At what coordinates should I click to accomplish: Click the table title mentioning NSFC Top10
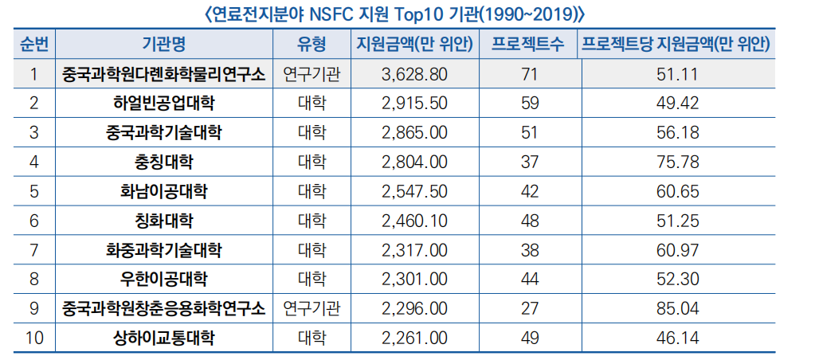406,14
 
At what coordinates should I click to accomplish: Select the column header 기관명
163,45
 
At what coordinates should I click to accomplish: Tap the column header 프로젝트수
529,45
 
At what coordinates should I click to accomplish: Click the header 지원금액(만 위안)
414,45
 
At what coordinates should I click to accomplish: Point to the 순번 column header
33,45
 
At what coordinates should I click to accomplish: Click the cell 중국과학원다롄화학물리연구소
163,75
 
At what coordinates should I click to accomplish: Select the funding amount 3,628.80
414,75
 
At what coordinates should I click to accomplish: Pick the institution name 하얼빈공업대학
163,104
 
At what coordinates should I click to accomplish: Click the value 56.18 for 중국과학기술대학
678,133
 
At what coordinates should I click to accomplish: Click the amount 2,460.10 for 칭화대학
414,221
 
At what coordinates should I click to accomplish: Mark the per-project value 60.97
678,250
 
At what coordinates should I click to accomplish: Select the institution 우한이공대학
163,280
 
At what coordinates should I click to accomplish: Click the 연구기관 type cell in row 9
312,309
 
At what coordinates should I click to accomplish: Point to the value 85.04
678,309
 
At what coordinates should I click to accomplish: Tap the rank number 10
33,338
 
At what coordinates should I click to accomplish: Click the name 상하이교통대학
163,338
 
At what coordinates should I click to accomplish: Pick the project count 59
529,104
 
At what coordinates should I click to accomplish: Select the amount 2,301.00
414,280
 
